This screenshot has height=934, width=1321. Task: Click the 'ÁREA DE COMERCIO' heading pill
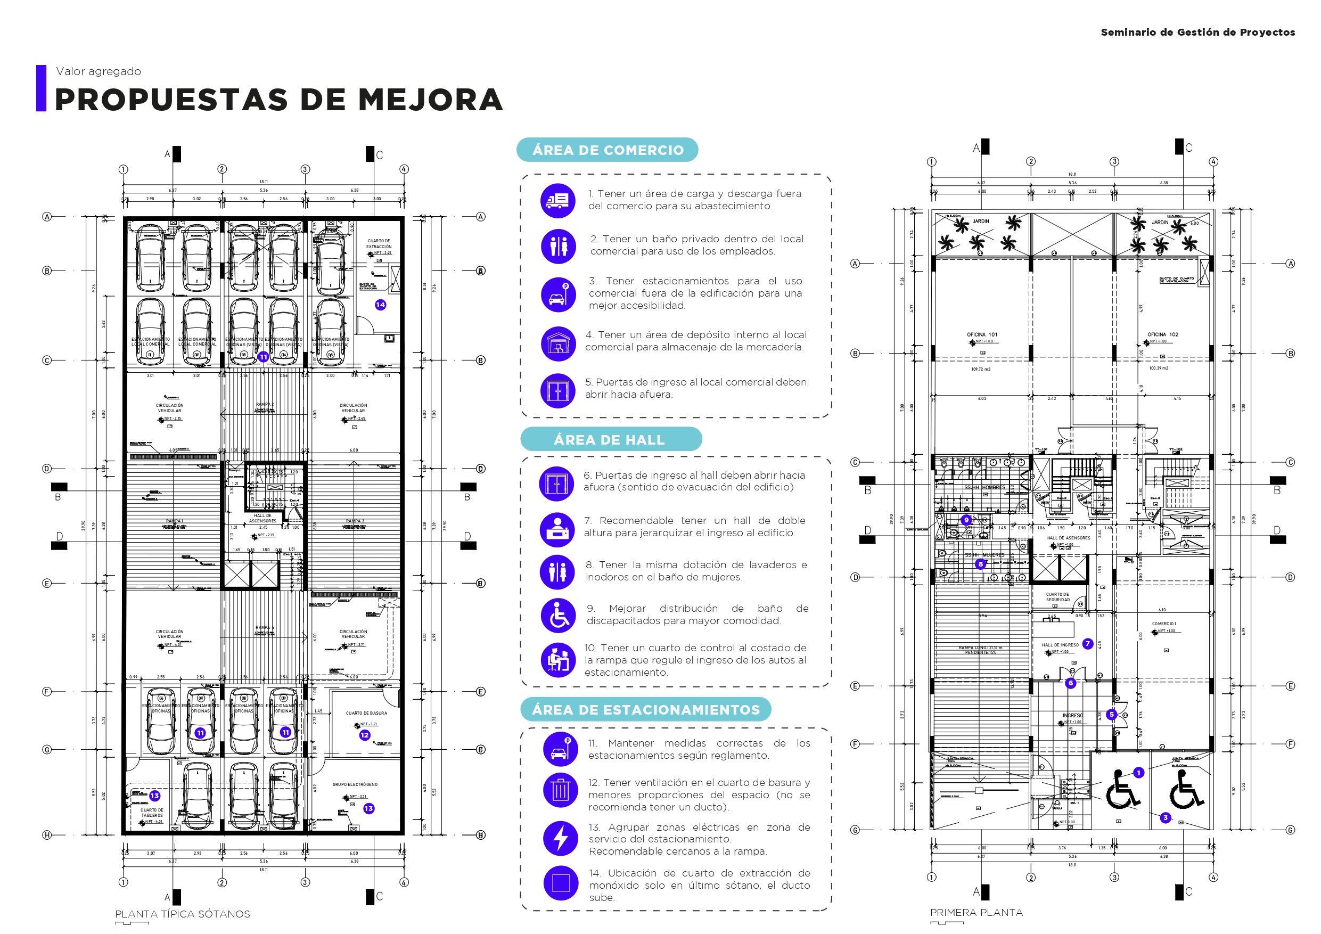click(608, 150)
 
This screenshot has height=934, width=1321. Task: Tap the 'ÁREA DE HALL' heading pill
click(610, 440)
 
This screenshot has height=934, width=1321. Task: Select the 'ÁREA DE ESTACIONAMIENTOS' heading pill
click(645, 710)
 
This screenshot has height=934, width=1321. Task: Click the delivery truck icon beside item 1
click(557, 200)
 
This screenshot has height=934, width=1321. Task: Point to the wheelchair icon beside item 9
click(557, 615)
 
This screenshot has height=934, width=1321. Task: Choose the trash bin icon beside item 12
click(560, 790)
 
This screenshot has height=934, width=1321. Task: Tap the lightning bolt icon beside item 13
click(560, 839)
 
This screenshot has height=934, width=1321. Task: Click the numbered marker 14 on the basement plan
click(380, 305)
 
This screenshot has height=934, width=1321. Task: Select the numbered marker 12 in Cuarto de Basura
click(364, 735)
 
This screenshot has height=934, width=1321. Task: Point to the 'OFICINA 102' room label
click(1163, 334)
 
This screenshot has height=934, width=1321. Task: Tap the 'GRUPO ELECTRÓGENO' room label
click(355, 784)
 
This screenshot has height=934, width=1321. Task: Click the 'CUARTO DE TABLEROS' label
click(152, 813)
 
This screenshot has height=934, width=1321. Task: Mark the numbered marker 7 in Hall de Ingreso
click(1087, 644)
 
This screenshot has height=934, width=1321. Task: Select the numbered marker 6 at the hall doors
click(1071, 683)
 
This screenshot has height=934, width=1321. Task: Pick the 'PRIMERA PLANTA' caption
click(977, 912)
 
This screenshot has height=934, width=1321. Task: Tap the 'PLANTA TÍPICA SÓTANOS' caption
click(183, 914)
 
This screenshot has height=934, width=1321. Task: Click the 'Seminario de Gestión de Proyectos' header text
click(1198, 32)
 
